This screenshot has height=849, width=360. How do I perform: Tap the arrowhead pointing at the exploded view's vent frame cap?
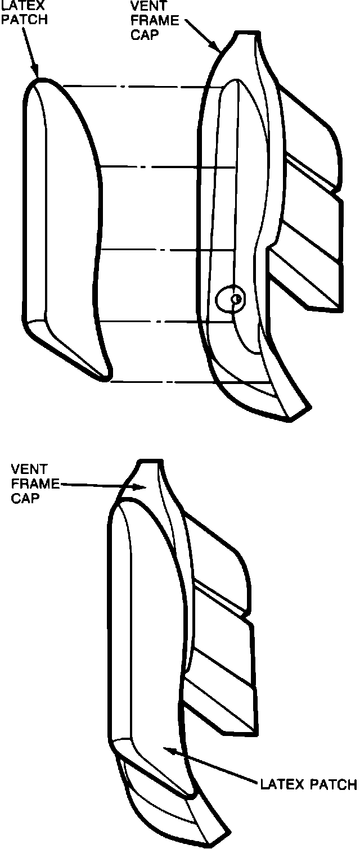216,47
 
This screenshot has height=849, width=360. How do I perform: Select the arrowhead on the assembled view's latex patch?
167,749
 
